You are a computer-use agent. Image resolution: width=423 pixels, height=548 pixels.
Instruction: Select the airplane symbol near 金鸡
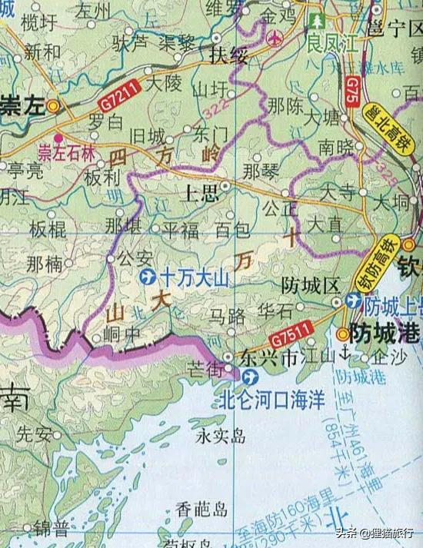tap(275, 38)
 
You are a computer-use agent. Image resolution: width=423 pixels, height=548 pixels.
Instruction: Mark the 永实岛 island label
tap(220, 437)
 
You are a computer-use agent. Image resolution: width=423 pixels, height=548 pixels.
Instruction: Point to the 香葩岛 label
tap(202, 509)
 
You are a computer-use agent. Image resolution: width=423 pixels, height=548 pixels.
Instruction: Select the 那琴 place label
tap(258, 171)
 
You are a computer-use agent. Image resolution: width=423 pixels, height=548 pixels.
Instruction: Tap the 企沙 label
tap(386, 358)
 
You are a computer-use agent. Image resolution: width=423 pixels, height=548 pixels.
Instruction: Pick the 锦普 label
tap(51, 529)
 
